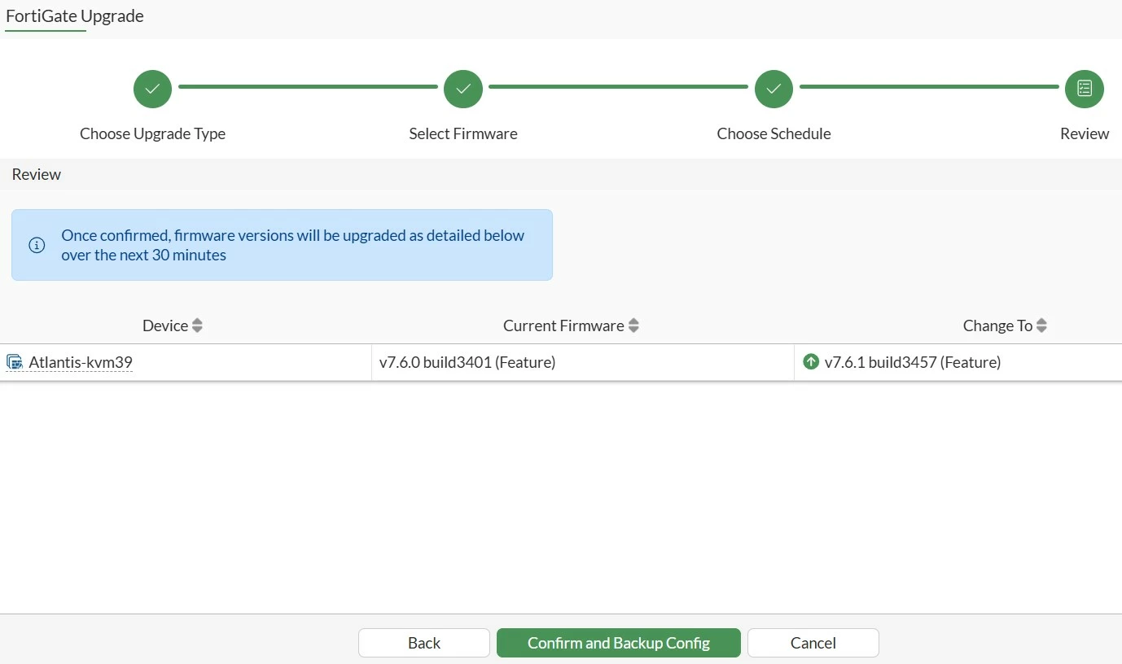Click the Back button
[x=423, y=643]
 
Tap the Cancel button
[x=813, y=643]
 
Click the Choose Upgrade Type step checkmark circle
[x=153, y=89]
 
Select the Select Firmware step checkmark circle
[x=463, y=89]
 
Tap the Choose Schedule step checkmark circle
[x=774, y=89]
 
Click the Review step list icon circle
[x=1085, y=89]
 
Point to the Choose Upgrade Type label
[x=153, y=133]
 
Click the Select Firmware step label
[x=463, y=133]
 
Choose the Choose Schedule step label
[x=774, y=133]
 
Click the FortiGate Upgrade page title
[x=75, y=16]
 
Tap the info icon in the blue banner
[x=37, y=245]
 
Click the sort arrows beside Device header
[x=197, y=325]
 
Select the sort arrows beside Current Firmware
[x=633, y=325]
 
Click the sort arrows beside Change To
[x=1042, y=325]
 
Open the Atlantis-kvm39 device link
[x=81, y=362]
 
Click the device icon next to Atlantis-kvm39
[x=15, y=362]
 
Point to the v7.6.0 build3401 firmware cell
[x=467, y=362]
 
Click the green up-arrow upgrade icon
[x=811, y=361]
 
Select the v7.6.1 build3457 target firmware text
[x=913, y=362]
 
